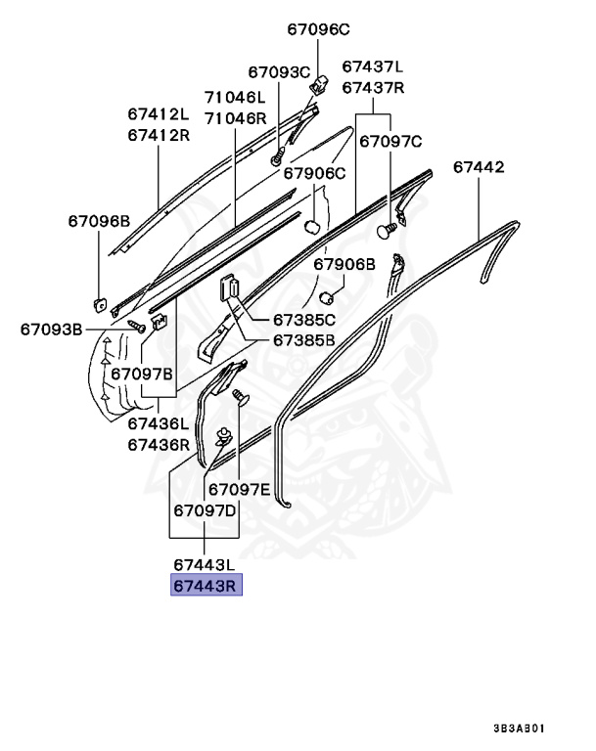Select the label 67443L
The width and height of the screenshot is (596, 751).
pyautogui.click(x=205, y=565)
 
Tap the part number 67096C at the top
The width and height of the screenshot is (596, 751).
pyautogui.click(x=318, y=29)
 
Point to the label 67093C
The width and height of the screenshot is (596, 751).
pyautogui.click(x=278, y=71)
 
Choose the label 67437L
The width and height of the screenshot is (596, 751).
pyautogui.click(x=372, y=66)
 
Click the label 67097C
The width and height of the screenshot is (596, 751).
pyautogui.click(x=390, y=141)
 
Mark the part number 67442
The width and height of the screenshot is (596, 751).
pyautogui.click(x=479, y=167)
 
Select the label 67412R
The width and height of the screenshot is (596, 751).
pyautogui.click(x=158, y=135)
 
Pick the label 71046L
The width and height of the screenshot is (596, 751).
pyautogui.click(x=235, y=98)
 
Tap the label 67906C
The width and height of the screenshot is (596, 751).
pyautogui.click(x=315, y=174)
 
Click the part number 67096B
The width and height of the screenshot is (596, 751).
pyautogui.click(x=98, y=221)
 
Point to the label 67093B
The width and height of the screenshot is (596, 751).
pyautogui.click(x=51, y=329)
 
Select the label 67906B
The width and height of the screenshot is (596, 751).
pyautogui.click(x=344, y=264)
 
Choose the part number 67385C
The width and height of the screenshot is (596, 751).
pyautogui.click(x=303, y=320)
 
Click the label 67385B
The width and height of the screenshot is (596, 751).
pyautogui.click(x=303, y=340)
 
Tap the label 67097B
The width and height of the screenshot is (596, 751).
pyautogui.click(x=141, y=374)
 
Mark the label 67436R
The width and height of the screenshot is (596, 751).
pyautogui.click(x=158, y=444)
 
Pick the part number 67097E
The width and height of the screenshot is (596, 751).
pyautogui.click(x=238, y=489)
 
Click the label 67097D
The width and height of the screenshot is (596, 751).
pyautogui.click(x=205, y=510)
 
